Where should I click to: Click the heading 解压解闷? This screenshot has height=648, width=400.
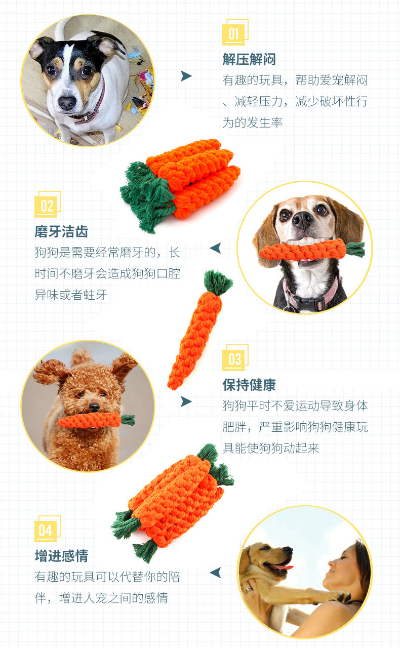[249, 60]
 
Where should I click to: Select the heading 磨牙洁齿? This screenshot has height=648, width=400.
[61, 231]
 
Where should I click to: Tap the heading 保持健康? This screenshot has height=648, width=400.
[249, 385]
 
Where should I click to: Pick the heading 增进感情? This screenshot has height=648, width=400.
[61, 556]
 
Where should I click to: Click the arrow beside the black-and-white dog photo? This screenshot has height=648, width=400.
[186, 76]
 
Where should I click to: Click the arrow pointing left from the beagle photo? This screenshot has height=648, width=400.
[215, 248]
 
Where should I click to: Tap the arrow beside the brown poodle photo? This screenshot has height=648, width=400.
[186, 401]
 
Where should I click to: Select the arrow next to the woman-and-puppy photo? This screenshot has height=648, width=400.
[215, 573]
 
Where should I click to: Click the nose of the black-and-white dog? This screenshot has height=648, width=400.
[67, 102]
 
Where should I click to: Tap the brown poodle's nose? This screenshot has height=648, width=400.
[94, 407]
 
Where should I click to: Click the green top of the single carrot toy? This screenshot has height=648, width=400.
[217, 281]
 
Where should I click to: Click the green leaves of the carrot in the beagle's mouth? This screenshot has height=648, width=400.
[355, 250]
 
